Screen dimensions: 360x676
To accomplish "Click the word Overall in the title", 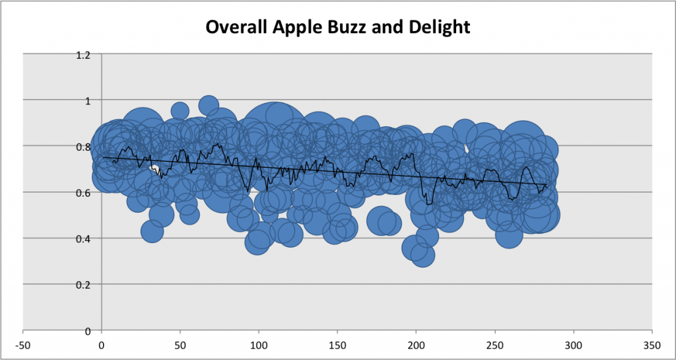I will pyautogui.click(x=234, y=27).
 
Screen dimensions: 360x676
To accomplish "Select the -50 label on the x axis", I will pyautogui.click(x=23, y=345).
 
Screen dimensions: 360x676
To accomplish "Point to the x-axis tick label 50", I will pyautogui.click(x=180, y=345).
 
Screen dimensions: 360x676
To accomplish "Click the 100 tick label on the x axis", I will pyautogui.click(x=259, y=345).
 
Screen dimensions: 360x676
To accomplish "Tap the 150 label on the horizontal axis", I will pyautogui.click(x=337, y=345).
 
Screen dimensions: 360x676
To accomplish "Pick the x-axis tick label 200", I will pyautogui.click(x=416, y=345).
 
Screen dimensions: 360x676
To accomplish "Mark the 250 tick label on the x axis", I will pyautogui.click(x=495, y=345).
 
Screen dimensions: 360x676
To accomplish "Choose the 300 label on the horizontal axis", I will pyautogui.click(x=574, y=345).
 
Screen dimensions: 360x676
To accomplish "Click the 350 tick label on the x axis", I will pyautogui.click(x=652, y=345).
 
